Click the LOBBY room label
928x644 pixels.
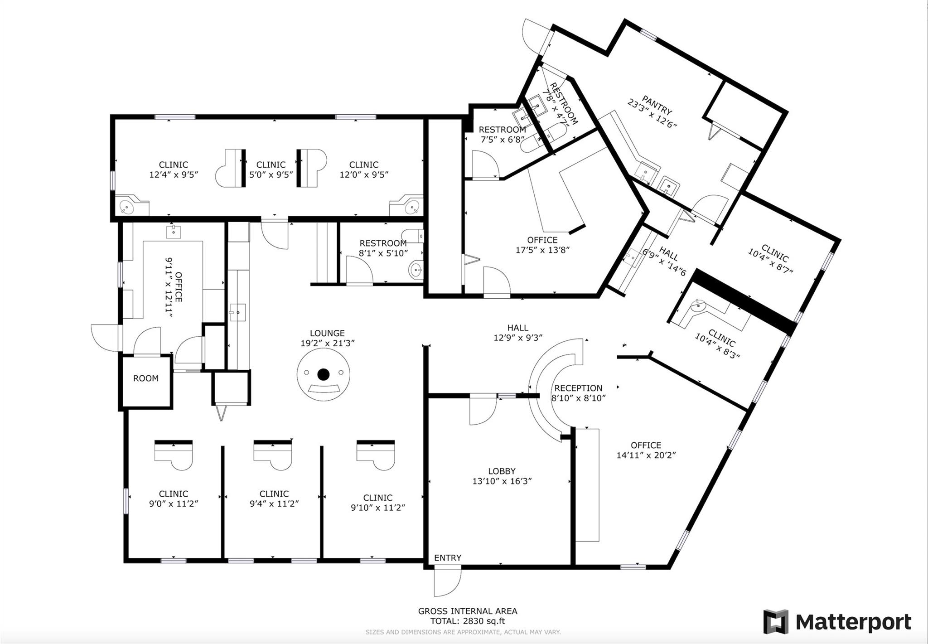point(502,471)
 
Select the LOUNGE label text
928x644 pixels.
point(327,333)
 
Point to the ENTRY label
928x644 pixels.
point(448,558)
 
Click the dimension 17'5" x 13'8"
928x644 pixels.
point(542,250)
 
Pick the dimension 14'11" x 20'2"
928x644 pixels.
point(646,455)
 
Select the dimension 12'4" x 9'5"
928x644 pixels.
point(174,174)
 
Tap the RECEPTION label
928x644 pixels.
point(578,388)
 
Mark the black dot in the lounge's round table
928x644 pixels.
point(323,374)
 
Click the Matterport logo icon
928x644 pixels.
point(776,622)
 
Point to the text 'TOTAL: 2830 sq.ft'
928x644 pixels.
point(468,621)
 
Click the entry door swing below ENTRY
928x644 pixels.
point(448,582)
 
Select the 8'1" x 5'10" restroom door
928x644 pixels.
point(359,270)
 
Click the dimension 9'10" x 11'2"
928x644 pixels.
point(378,508)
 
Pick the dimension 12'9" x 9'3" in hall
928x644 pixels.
point(518,338)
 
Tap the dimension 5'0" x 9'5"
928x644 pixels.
point(271,174)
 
